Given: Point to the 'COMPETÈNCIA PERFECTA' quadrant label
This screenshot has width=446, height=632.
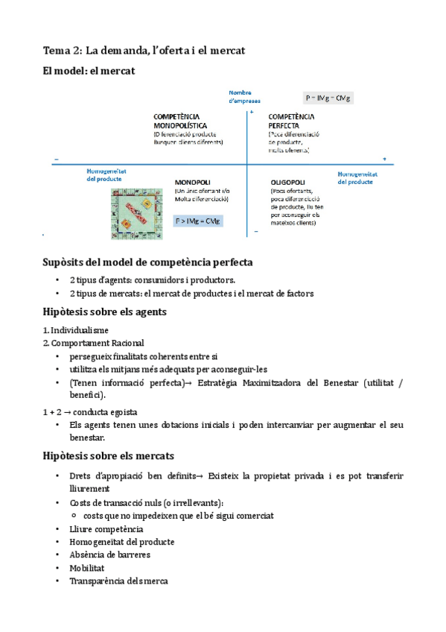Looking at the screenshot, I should (x=291, y=121).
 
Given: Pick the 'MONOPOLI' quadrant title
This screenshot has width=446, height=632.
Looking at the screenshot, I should (x=194, y=181).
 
